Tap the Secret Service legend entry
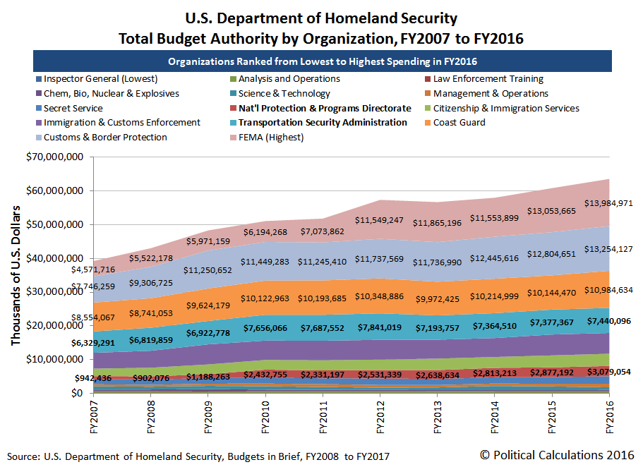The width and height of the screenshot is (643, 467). click(x=73, y=109)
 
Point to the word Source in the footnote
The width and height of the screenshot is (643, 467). click(x=25, y=456)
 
